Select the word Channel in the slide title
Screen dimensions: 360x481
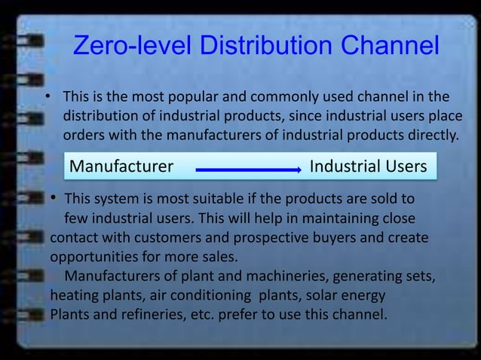pos(389,46)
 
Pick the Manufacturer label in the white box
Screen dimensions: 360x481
pos(121,166)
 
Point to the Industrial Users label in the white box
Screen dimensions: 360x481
pos(368,166)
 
